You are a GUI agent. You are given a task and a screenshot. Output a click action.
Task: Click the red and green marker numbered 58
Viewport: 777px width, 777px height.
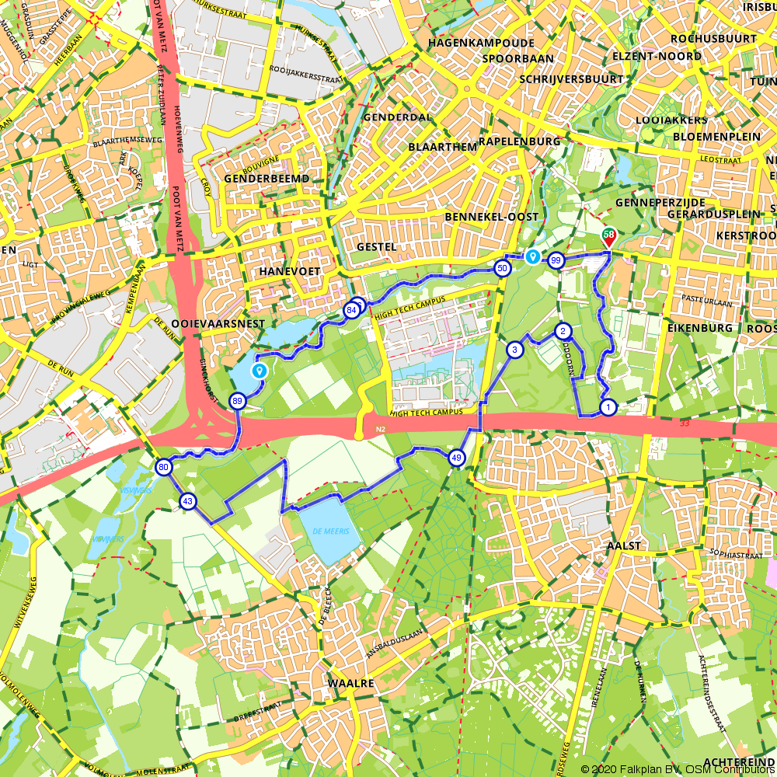(x=609, y=235)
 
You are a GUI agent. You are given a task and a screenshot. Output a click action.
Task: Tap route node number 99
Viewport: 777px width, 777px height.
(x=555, y=260)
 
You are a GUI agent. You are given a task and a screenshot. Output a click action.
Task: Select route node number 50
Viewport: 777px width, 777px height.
(x=502, y=268)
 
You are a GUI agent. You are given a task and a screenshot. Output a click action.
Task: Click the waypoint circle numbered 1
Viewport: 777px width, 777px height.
(x=608, y=406)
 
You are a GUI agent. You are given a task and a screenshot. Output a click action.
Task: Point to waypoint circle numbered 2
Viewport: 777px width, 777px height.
(x=561, y=332)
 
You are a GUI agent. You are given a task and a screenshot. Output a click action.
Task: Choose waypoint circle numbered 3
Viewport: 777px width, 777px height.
(x=514, y=350)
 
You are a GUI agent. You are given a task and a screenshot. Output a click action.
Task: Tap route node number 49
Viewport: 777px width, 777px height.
(x=456, y=458)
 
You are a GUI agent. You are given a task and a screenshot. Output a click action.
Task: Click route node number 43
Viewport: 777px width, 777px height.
(x=187, y=502)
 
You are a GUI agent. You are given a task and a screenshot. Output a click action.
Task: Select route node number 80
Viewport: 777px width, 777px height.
(x=163, y=468)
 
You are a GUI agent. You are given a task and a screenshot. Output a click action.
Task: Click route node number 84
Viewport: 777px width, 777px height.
(x=351, y=310)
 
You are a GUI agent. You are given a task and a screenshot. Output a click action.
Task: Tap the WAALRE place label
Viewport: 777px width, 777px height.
(x=351, y=683)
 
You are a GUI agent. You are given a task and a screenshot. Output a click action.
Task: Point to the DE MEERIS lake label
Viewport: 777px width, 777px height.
(x=329, y=531)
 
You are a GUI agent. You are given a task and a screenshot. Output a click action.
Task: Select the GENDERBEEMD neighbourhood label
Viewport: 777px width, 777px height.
(x=266, y=179)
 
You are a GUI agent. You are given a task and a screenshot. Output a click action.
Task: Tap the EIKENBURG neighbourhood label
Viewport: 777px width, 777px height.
(x=699, y=328)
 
